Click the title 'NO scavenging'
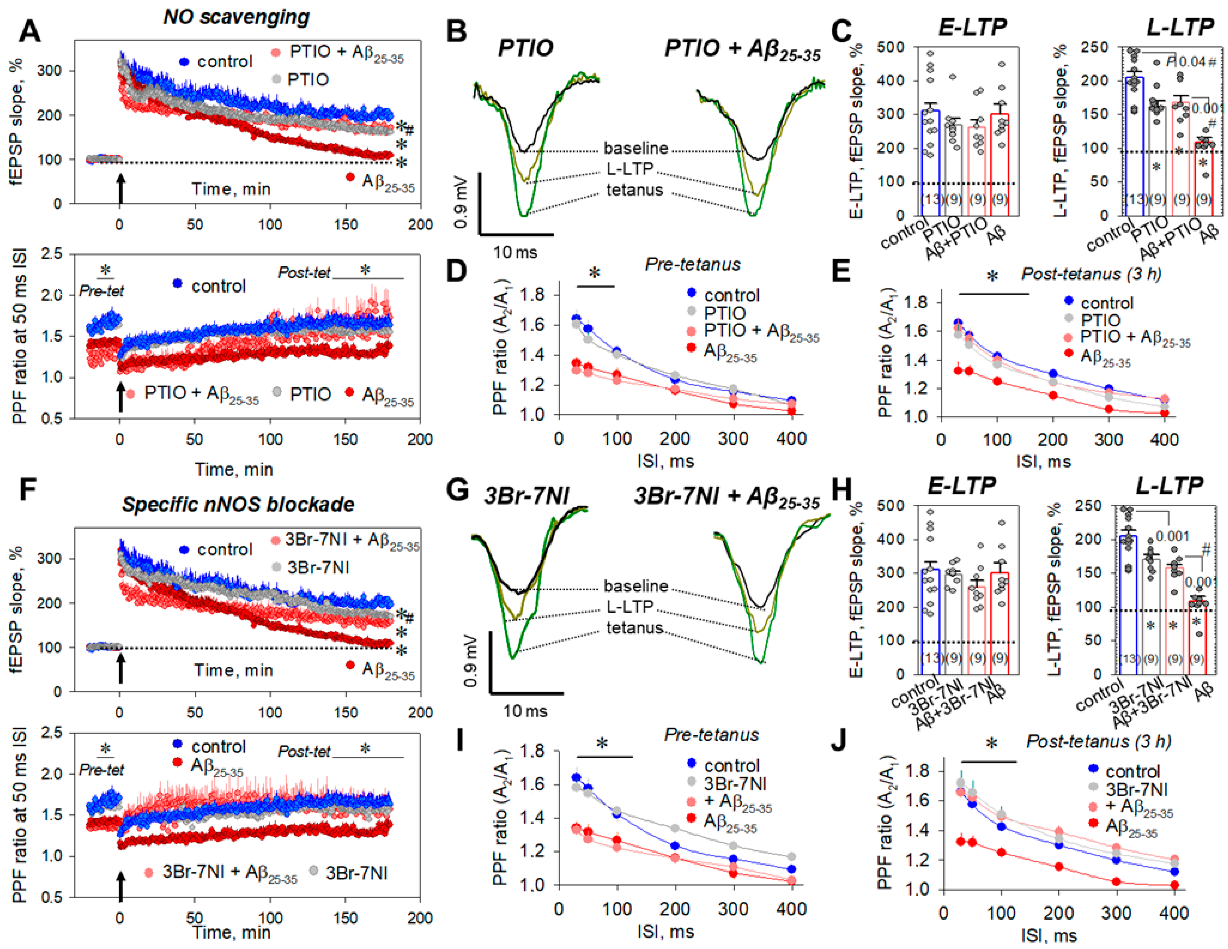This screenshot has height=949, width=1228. pos(236,17)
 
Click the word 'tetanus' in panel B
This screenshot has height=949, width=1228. pos(634,190)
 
